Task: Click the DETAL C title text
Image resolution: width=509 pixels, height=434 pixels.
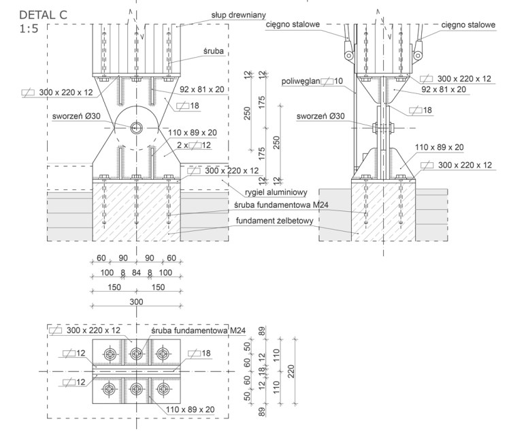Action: pos(43,15)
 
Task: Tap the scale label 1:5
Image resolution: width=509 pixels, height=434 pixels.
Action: pos(29,29)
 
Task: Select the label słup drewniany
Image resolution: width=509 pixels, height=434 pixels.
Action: pos(239,15)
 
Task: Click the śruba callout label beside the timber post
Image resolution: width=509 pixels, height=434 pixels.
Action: pos(214,51)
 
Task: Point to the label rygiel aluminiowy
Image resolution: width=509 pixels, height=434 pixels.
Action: pos(276,192)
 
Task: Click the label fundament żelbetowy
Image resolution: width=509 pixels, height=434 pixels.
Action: pos(275,221)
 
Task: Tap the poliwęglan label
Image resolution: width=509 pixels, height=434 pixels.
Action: pos(301,81)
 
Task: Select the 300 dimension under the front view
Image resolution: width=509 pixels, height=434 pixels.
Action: pos(136,302)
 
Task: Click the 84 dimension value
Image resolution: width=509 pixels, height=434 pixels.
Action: pos(136,273)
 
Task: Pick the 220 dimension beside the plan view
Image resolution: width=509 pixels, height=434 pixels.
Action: pos(291,371)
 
